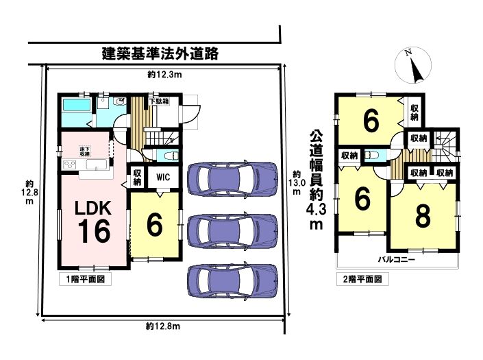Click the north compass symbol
tap(412, 65)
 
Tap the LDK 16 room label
tap(93, 221)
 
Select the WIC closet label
tap(163, 177)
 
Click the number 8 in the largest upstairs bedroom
tap(423, 217)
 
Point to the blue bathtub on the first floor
tap(76, 105)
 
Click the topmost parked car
tap(232, 178)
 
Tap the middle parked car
tap(232, 230)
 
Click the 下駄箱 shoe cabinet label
tap(159, 101)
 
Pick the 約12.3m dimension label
tap(164, 74)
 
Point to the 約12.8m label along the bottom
tap(162, 326)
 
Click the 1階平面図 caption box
tap(85, 279)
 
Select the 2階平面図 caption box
tap(362, 279)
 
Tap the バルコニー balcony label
tap(397, 259)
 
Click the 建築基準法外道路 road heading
tap(160, 53)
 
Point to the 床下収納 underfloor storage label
tap(85, 151)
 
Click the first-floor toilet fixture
tap(170, 156)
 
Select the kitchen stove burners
tap(70, 165)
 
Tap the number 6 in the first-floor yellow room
tap(154, 225)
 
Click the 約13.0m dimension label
tap(297, 182)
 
